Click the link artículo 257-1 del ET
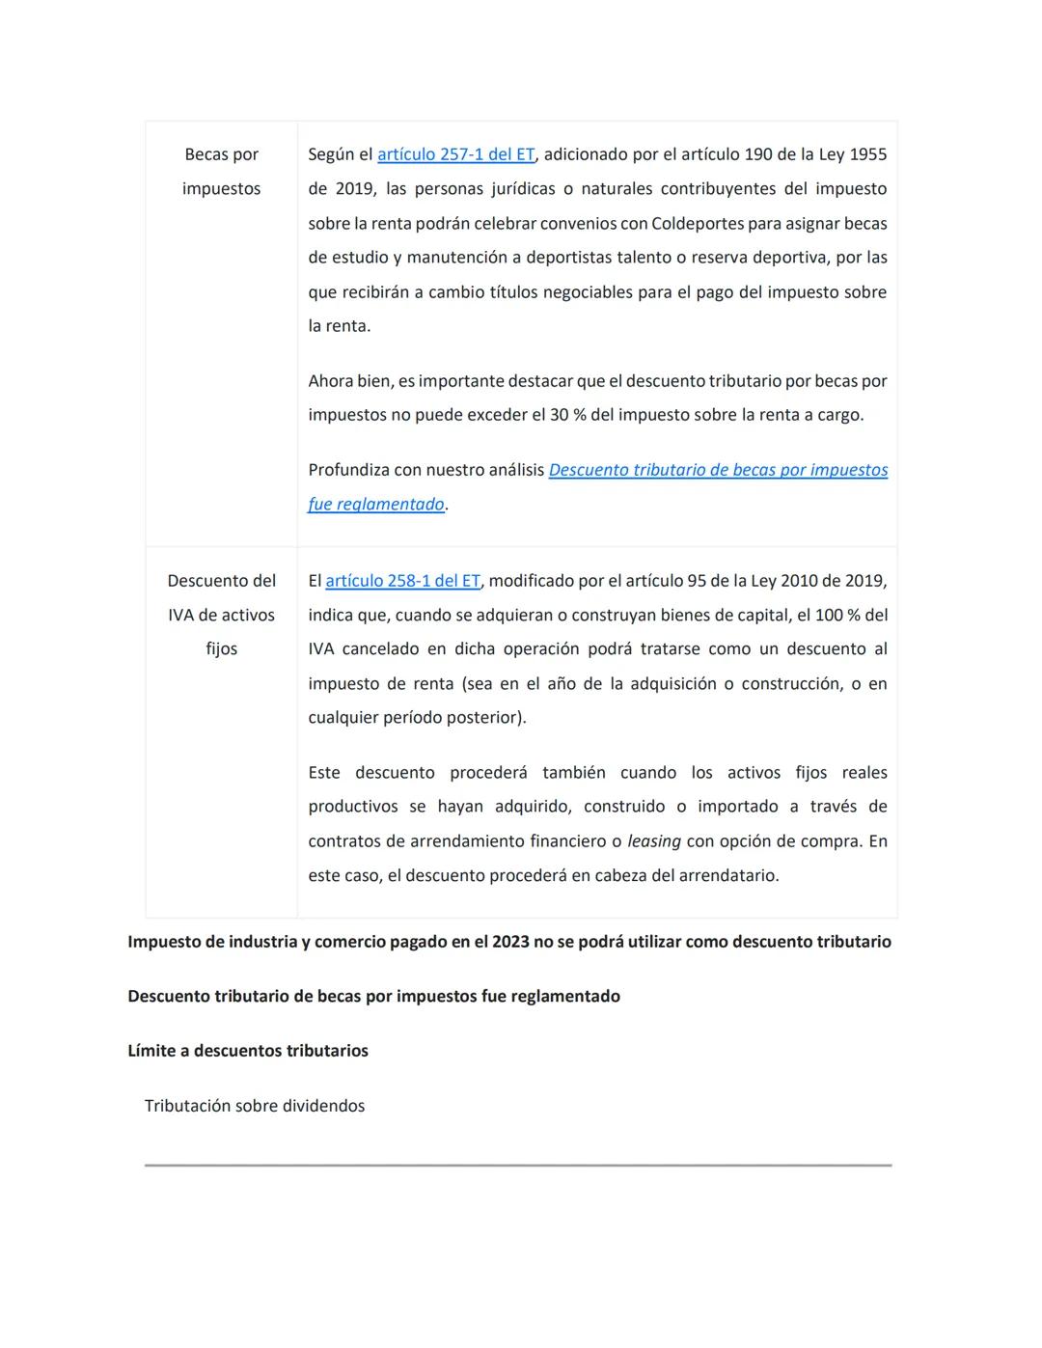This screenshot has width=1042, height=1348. (x=455, y=154)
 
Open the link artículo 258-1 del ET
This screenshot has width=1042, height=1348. (x=402, y=581)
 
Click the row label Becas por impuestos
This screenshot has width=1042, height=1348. (x=221, y=171)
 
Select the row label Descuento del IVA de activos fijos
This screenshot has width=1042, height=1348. (x=221, y=615)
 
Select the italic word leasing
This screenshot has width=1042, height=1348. (x=653, y=841)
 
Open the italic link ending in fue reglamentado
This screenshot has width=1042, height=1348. (x=375, y=505)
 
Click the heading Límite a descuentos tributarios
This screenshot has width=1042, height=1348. (x=248, y=1051)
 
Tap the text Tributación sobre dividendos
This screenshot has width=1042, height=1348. (x=255, y=1106)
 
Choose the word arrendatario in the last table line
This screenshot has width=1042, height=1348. (x=727, y=876)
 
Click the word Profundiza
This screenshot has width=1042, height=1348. (x=348, y=470)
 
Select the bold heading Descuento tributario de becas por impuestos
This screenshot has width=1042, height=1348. (x=373, y=996)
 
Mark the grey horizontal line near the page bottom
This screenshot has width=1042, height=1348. (x=518, y=1166)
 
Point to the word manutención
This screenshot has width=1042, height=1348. (x=459, y=258)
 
